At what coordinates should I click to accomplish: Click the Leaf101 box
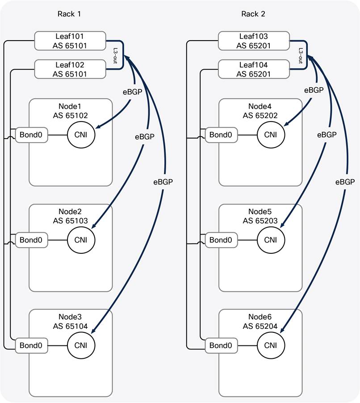[70, 41]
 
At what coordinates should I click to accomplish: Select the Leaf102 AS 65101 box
[70, 70]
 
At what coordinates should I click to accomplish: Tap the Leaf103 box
[253, 41]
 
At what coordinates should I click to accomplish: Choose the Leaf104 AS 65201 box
[253, 70]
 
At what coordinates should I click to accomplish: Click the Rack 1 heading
[69, 14]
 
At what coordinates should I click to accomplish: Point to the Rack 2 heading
[253, 14]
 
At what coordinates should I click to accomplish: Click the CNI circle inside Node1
[81, 134]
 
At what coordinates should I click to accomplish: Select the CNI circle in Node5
[270, 240]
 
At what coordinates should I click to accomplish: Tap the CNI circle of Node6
[270, 345]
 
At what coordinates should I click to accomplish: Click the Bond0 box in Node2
[31, 240]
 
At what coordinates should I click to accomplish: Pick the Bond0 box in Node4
[221, 134]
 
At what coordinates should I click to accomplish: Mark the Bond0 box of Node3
[31, 345]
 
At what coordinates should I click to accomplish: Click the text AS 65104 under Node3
[70, 327]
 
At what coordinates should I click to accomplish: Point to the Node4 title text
[260, 106]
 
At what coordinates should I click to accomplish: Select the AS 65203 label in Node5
[260, 221]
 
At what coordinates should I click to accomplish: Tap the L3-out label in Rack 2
[301, 55]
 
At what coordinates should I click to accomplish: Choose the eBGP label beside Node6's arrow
[344, 182]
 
